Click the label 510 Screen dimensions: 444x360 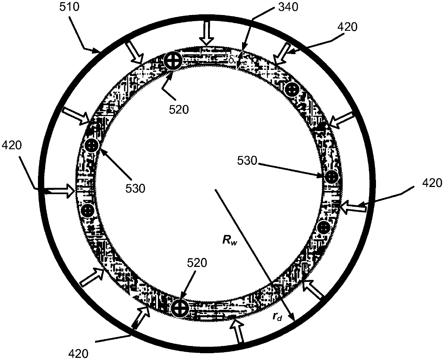(69, 7)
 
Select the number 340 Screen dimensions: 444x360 (288, 7)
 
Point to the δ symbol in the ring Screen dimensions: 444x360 (231, 60)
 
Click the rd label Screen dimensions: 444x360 (277, 317)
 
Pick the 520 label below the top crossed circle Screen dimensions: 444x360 (179, 110)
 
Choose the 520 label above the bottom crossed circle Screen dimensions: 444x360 (197, 263)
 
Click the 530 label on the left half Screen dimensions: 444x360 (135, 188)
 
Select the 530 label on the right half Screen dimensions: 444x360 (247, 161)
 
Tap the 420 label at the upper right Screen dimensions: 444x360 (347, 27)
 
